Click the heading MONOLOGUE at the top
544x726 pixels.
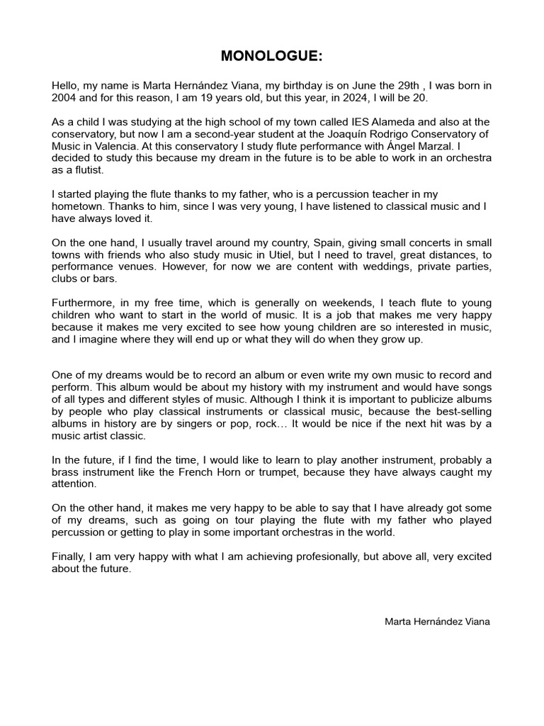pos(271,56)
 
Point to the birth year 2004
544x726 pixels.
pos(64,98)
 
